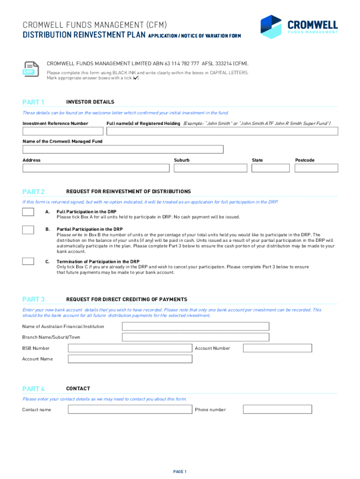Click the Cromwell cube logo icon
[x=271, y=26]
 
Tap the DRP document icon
[x=29, y=68]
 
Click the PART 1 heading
[x=34, y=102]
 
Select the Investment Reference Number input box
[x=62, y=131]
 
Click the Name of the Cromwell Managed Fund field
[x=123, y=149]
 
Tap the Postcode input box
[x=316, y=168]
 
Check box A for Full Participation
[x=29, y=212]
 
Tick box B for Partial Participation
[x=29, y=230]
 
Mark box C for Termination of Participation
[x=29, y=261]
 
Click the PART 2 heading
[x=34, y=192]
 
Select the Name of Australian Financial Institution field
[x=195, y=326]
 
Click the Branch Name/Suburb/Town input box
[x=195, y=337]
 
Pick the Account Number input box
[x=277, y=348]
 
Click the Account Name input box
[x=130, y=359]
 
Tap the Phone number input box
[x=277, y=409]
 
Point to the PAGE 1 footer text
[x=180, y=471]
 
